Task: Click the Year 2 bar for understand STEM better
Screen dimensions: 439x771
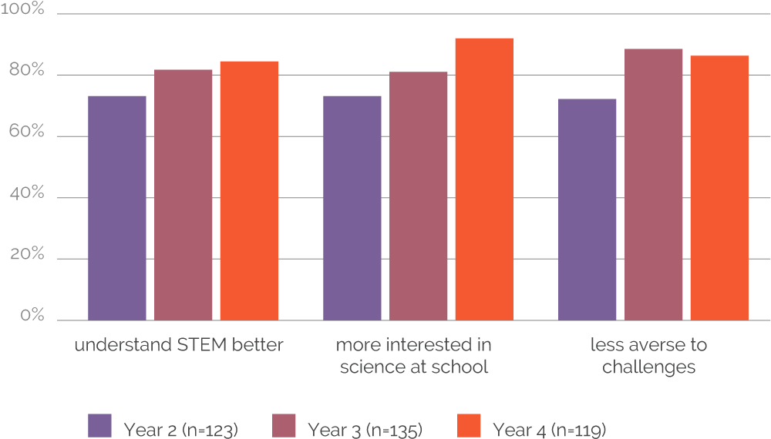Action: [117, 207]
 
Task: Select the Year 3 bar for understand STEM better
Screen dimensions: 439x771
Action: [183, 194]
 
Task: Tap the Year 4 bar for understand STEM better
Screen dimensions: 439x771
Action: [249, 190]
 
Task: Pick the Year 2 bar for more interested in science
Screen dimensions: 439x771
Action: [352, 207]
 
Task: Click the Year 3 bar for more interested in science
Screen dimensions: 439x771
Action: [419, 196]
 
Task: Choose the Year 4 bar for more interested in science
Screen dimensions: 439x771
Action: [484, 179]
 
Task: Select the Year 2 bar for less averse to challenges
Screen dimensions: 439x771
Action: [588, 209]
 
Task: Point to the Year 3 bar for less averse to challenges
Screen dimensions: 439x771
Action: [654, 184]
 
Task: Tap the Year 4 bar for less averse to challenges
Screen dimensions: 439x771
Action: [719, 187]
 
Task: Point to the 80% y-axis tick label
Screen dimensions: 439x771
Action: [28, 73]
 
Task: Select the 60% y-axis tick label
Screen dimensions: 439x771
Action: [28, 134]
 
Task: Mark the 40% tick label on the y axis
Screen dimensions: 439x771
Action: [28, 195]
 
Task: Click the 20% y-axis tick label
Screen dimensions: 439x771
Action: [28, 256]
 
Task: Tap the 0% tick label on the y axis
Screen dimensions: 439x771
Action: [32, 317]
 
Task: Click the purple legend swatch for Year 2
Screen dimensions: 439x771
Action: [100, 426]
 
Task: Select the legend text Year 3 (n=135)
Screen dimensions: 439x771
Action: [365, 429]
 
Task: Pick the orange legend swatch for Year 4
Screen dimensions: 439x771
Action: [469, 426]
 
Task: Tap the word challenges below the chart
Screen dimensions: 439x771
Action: [648, 367]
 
